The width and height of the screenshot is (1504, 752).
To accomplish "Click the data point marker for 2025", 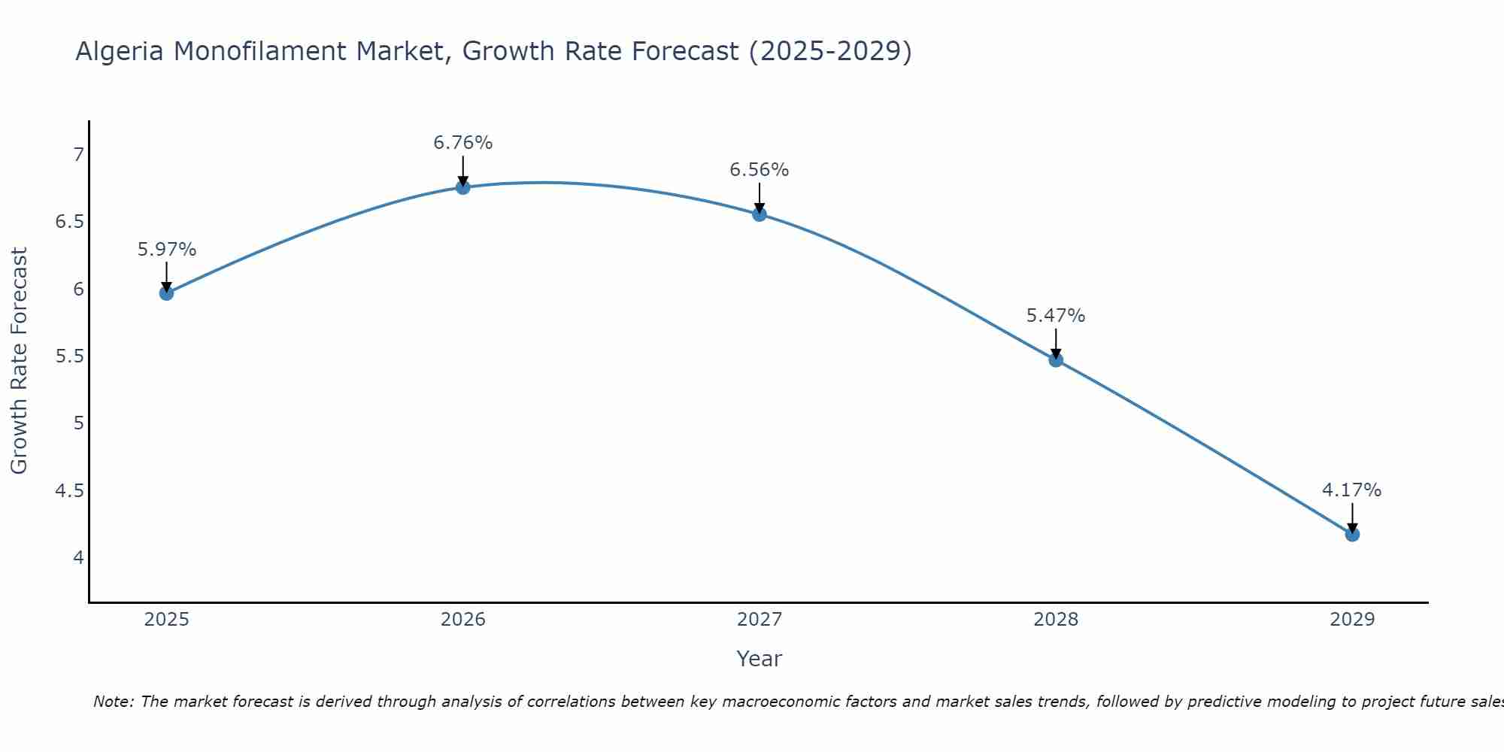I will point(167,293).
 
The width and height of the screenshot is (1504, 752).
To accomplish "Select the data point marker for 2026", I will point(463,187).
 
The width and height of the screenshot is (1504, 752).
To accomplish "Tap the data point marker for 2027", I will point(760,214).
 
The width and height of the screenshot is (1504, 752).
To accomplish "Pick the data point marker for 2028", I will point(1056,360).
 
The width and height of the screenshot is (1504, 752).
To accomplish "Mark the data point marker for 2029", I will point(1352,535).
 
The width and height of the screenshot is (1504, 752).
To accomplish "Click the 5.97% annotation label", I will point(167,250).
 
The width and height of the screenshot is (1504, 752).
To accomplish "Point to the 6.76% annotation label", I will point(463,143).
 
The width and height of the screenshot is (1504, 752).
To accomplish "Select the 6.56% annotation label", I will point(760,170).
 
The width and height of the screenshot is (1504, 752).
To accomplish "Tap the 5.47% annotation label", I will point(1056,316).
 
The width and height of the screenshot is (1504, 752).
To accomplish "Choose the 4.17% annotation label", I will point(1352,490).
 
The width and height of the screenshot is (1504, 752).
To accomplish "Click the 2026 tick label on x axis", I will point(463,620).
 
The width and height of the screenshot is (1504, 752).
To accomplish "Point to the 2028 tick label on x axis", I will point(1056,620).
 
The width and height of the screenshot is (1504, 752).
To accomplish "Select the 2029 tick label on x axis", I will point(1352,620).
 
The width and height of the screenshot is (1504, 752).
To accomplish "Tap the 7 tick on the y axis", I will point(78,155).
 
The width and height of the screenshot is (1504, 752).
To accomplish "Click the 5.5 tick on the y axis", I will point(70,356).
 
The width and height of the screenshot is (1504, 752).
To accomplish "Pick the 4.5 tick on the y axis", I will point(70,491).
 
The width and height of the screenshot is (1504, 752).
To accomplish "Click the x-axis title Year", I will point(760,659).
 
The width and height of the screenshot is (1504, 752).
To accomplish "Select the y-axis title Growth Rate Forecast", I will point(20,361).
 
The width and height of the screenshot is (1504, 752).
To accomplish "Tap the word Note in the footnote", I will point(112,702).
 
